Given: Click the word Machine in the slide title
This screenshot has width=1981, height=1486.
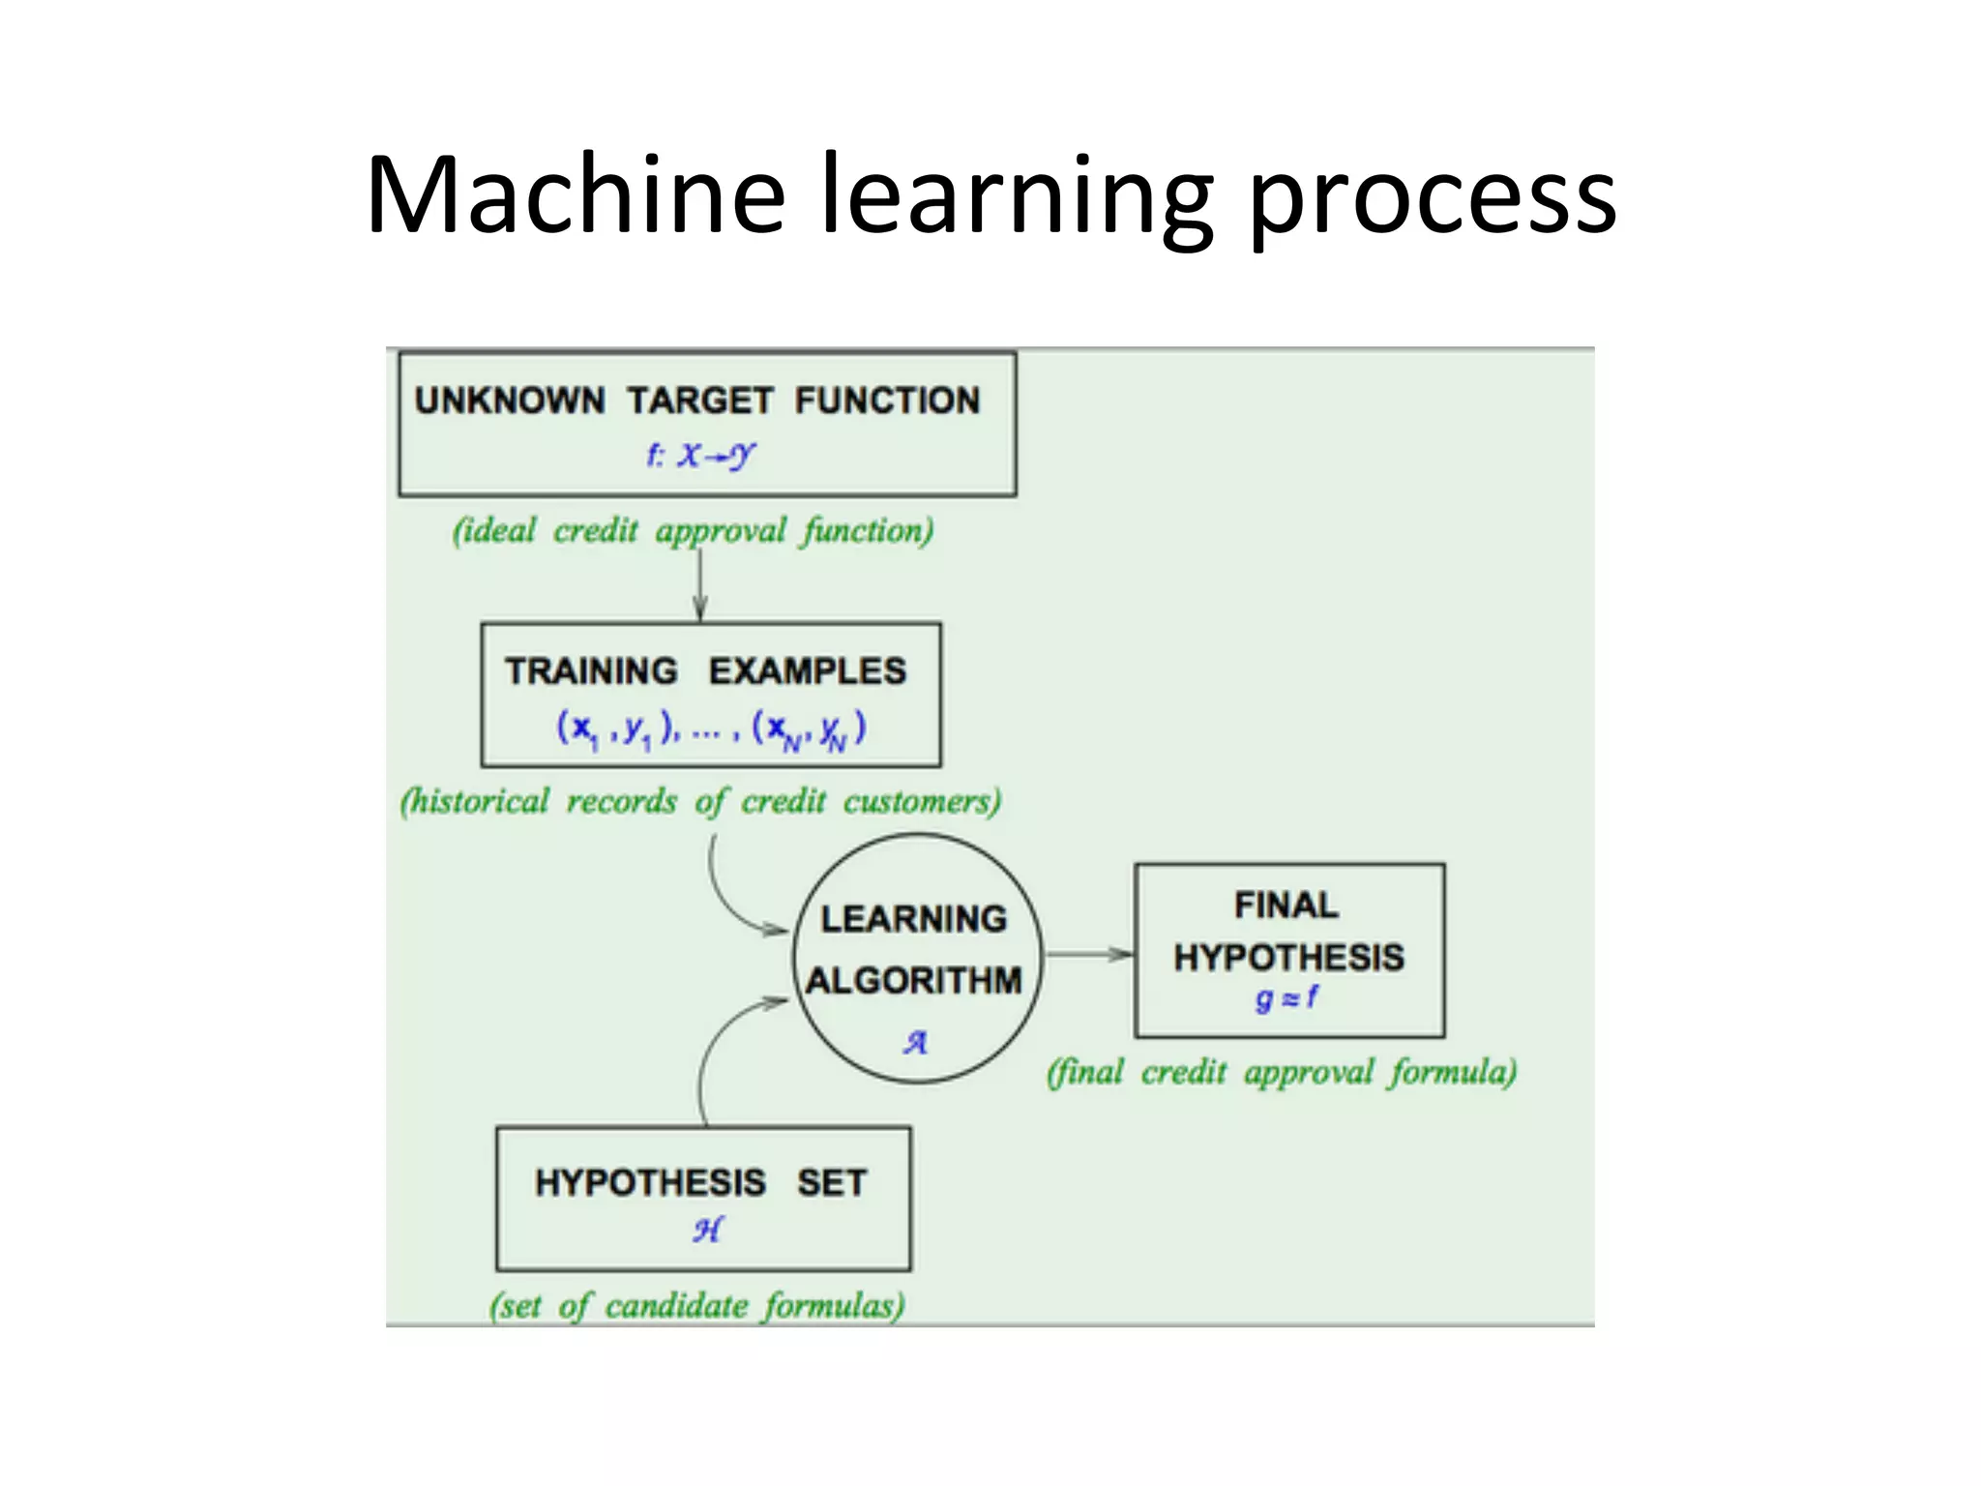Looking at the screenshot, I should point(575,195).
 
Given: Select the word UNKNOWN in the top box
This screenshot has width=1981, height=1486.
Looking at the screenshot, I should point(510,401).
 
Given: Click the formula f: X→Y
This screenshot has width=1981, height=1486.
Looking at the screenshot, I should point(701,455).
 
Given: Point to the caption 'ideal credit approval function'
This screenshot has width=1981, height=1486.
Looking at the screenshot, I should point(693,531).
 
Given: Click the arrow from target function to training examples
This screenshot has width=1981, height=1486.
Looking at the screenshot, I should point(700,583).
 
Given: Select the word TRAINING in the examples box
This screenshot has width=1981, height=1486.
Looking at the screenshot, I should point(591,671).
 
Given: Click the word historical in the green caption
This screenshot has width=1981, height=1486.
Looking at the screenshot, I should point(475,802).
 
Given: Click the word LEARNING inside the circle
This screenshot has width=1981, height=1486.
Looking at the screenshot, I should point(914,919).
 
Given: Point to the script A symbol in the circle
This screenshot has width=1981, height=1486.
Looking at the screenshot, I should point(915,1042).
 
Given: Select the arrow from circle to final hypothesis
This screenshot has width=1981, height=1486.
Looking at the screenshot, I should point(1088,955).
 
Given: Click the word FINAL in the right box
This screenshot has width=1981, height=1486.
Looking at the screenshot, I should point(1286,906).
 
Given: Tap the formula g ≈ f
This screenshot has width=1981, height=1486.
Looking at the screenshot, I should point(1286,997).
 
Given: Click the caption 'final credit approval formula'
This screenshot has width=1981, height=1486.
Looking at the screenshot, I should point(1281,1073).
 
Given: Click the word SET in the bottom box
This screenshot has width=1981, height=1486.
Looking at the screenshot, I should point(832,1183).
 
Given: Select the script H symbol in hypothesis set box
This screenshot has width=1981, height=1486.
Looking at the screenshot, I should point(706,1230).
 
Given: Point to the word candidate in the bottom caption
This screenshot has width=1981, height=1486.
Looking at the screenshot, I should point(676,1307).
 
